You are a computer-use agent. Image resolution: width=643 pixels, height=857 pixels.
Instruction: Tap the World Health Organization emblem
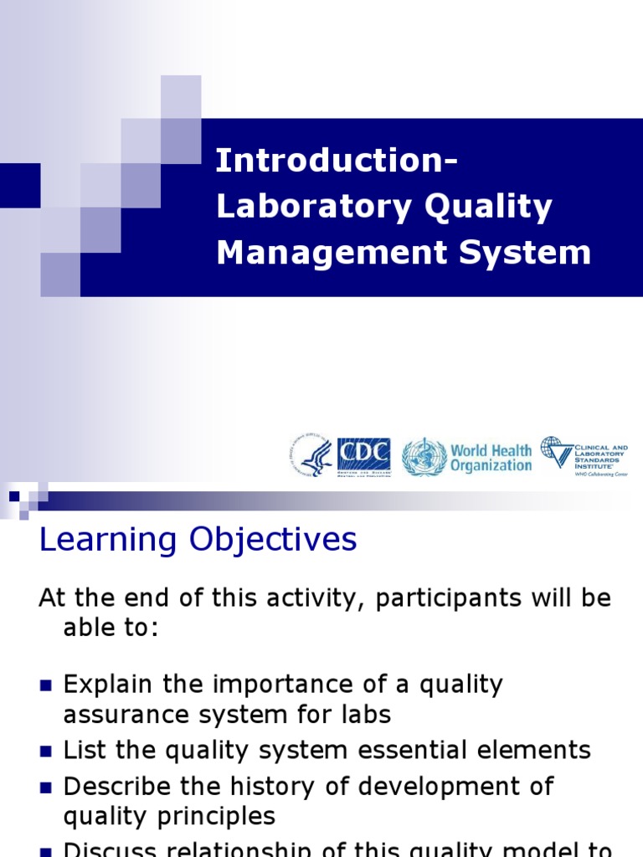click(424, 457)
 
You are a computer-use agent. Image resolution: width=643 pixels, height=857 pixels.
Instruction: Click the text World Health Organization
click(491, 458)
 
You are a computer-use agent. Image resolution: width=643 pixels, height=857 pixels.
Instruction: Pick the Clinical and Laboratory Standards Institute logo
click(584, 456)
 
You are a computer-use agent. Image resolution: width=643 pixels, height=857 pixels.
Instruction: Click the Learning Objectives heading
click(198, 540)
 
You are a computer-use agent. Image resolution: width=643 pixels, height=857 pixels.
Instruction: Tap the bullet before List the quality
click(46, 751)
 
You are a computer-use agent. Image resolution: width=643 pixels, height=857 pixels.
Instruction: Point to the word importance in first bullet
click(284, 685)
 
